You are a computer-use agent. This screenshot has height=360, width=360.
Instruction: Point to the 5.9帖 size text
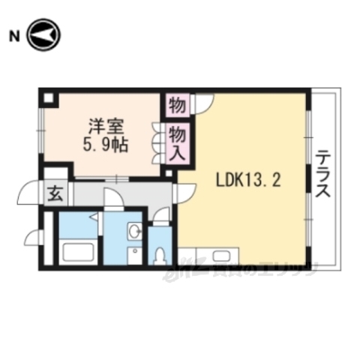tap(103, 143)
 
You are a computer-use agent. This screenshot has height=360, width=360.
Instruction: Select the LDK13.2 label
tap(248, 181)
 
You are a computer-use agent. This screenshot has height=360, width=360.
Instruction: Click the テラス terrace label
tap(323, 174)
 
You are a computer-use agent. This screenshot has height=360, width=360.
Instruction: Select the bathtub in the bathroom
tap(77, 251)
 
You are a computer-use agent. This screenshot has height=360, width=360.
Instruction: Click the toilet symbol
tap(159, 253)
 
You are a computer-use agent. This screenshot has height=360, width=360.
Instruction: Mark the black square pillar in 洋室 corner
tap(49, 97)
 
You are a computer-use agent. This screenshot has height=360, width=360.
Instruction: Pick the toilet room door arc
tap(159, 217)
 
